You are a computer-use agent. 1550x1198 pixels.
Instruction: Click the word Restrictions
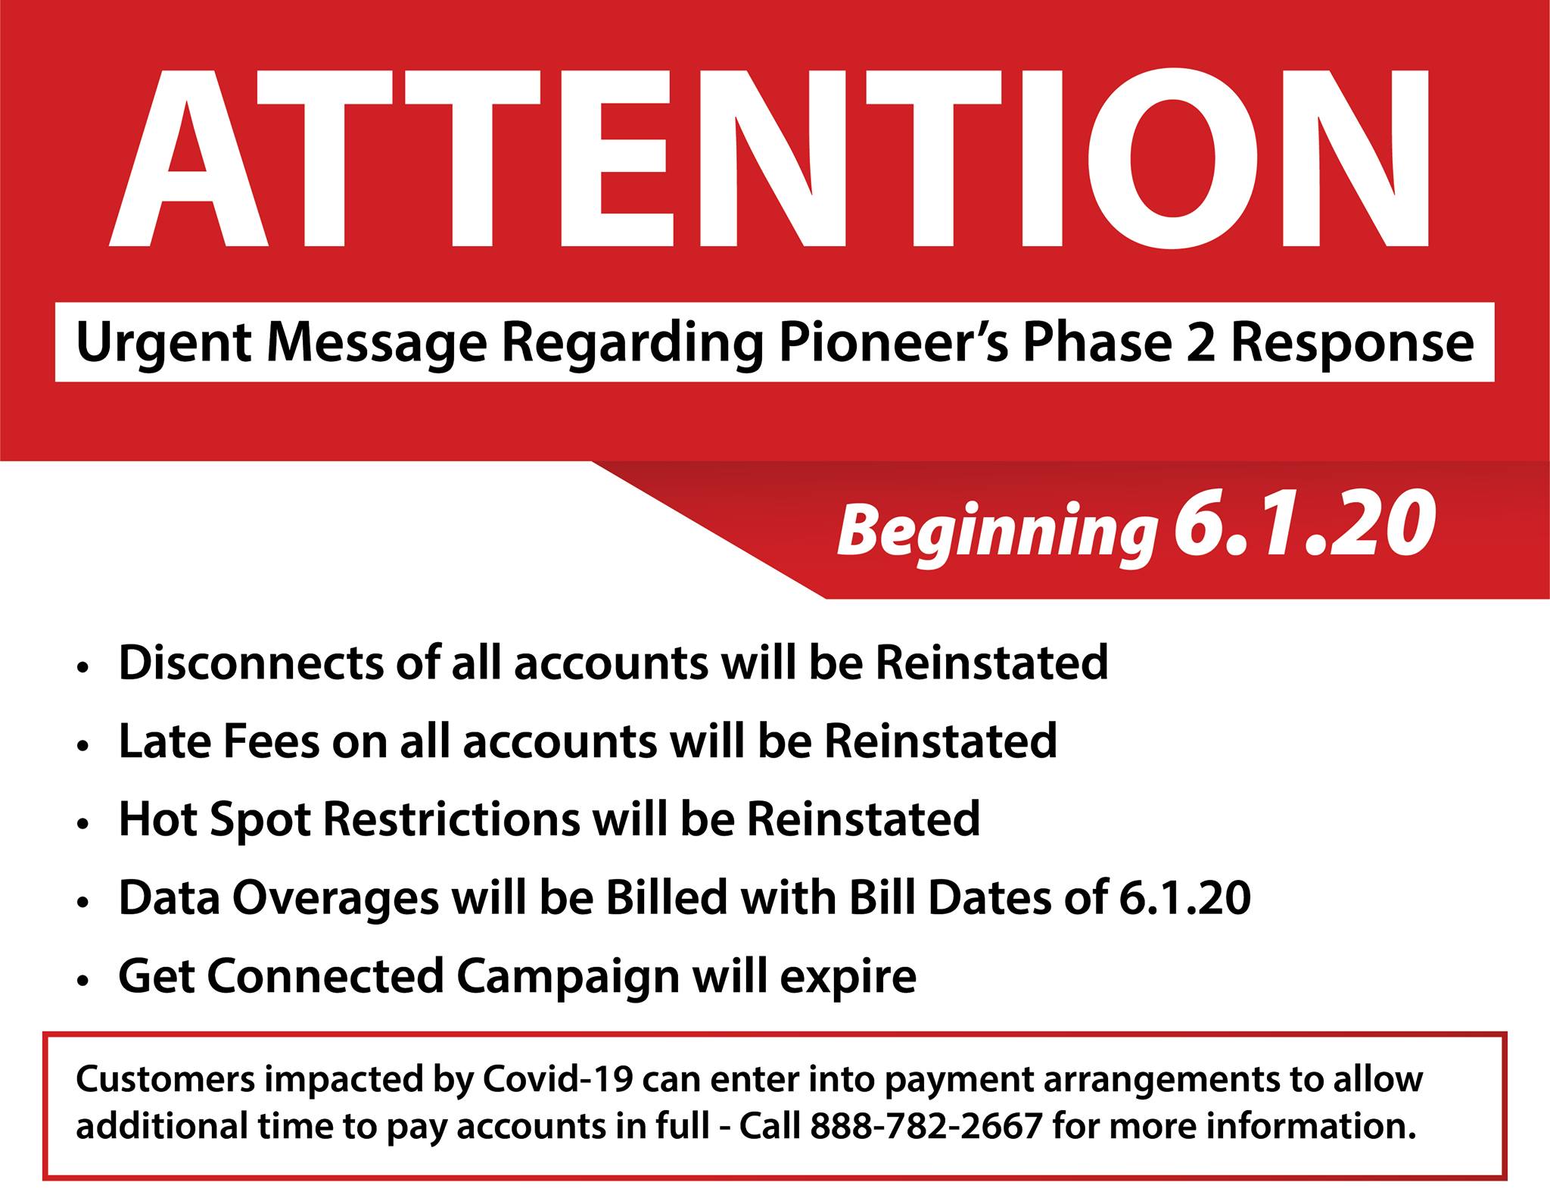pyautogui.click(x=453, y=819)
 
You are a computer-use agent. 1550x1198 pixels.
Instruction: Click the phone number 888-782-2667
pyautogui.click(x=927, y=1126)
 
